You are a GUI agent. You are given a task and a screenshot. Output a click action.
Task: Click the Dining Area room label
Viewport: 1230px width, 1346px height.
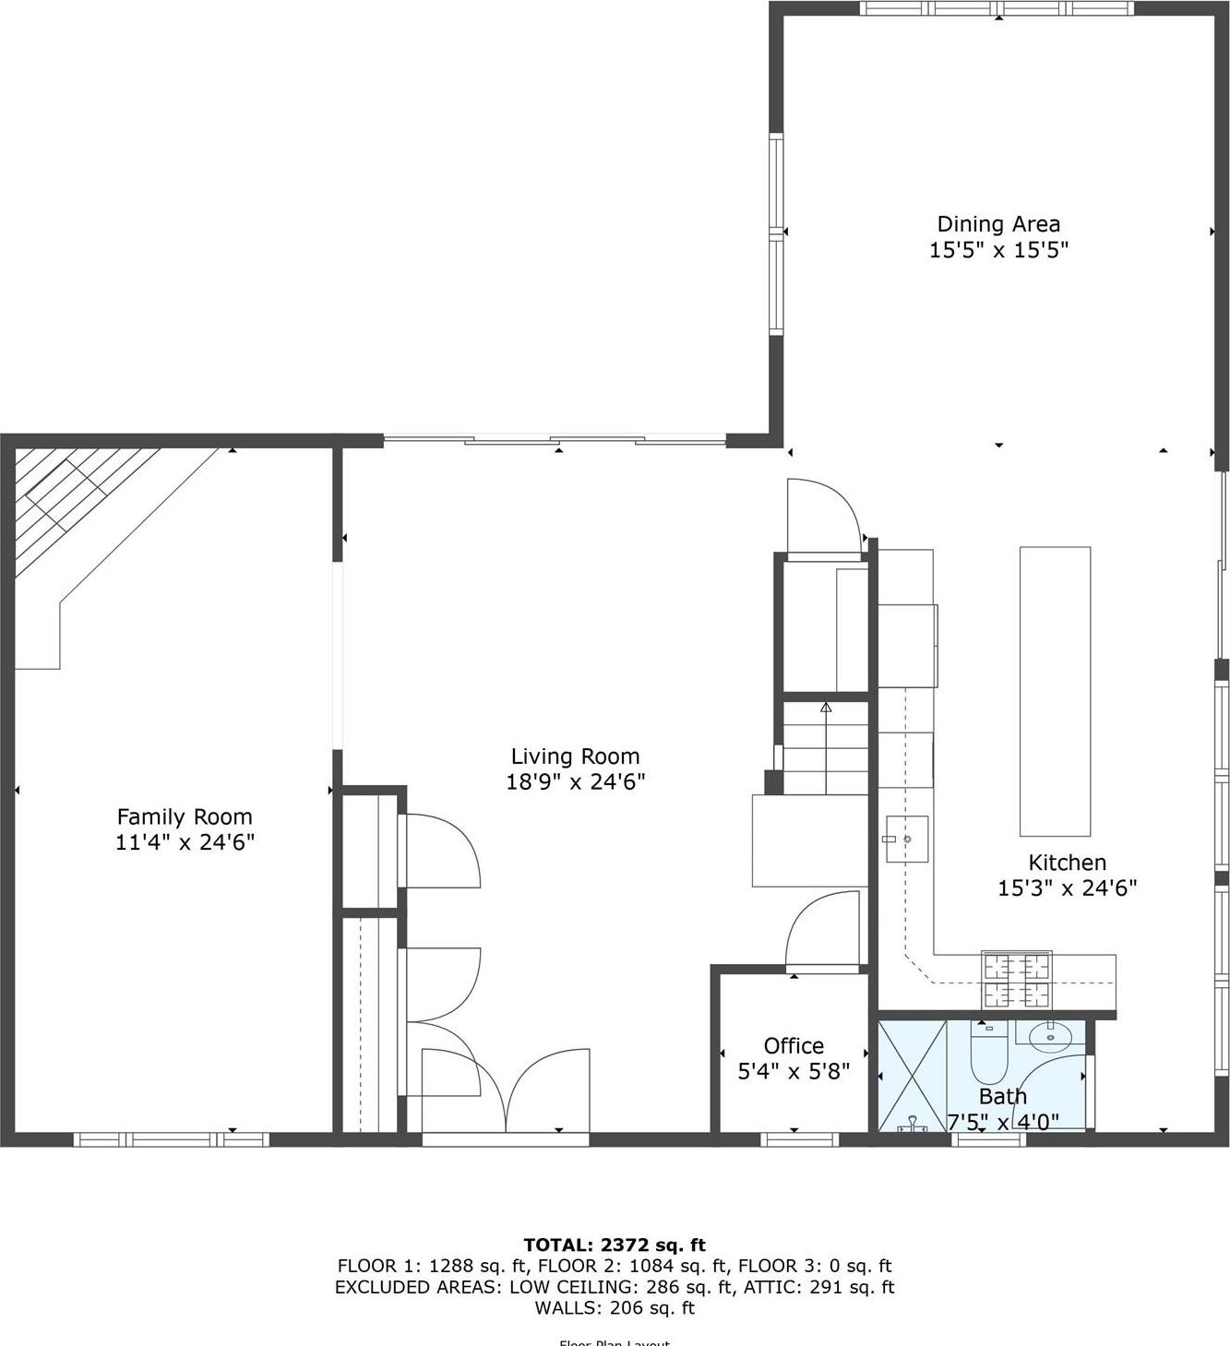point(998,224)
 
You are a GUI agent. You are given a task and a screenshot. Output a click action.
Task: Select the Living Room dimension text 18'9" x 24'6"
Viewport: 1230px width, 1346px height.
point(575,782)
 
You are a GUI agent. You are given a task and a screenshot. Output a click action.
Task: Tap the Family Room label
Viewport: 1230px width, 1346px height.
point(185,816)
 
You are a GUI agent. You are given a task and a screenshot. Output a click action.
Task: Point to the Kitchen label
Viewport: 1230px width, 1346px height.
point(1067,863)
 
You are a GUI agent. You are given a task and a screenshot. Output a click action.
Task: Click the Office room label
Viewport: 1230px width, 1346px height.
point(794,1045)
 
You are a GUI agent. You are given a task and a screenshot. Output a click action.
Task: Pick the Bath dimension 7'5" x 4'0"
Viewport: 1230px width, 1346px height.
point(1003,1122)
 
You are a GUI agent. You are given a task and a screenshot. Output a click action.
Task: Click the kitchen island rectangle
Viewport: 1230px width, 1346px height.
point(1055,691)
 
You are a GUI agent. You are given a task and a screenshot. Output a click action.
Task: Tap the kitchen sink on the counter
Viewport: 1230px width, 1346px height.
point(906,839)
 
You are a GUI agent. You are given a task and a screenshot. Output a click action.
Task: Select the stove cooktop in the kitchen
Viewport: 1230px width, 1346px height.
point(1016,980)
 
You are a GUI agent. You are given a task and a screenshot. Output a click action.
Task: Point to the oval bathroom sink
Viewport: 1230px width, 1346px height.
point(1050,1036)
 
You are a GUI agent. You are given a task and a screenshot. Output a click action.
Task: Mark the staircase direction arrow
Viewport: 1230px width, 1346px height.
point(826,709)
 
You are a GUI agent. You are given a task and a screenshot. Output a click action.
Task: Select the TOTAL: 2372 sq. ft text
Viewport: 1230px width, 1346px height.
point(615,1245)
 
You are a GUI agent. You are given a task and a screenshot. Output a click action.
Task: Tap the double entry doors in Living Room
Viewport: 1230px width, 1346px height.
point(506,1093)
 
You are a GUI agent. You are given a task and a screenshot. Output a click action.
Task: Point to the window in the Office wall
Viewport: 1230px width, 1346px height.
point(799,1139)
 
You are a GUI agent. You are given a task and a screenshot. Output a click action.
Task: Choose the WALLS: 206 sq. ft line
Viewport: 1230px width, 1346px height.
point(615,1307)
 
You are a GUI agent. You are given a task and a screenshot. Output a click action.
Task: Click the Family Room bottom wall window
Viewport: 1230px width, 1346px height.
point(172,1139)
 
